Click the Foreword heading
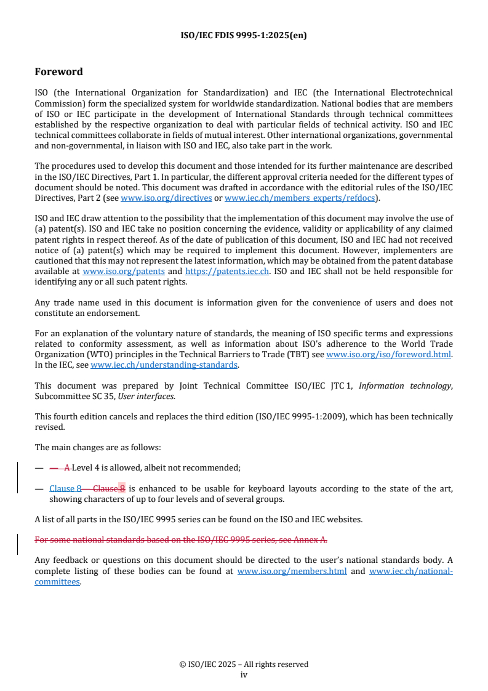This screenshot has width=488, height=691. pos(58,72)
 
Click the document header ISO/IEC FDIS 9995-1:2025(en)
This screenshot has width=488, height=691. pos(244,35)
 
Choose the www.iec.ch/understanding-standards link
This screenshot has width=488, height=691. pos(164,365)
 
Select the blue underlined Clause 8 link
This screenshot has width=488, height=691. pos(65,489)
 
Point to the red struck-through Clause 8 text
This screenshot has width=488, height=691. pos(109,489)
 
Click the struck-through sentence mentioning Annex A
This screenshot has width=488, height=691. pos(181,540)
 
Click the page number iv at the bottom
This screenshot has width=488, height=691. pos(244,674)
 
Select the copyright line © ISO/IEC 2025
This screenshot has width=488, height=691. pos(244,664)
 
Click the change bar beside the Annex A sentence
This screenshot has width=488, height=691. pos(18,540)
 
